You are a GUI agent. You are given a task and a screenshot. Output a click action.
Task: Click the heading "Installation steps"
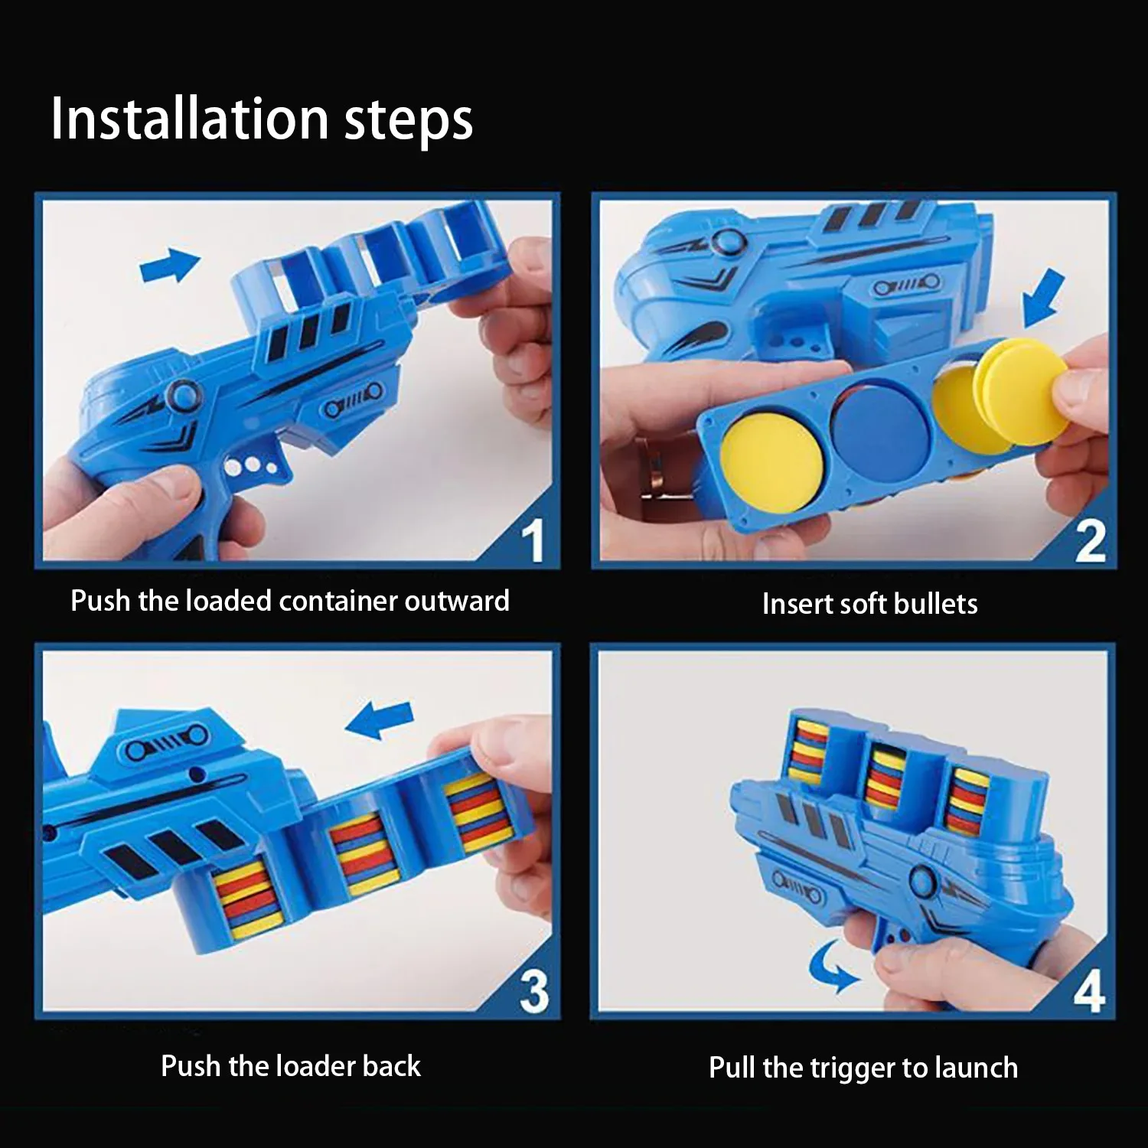click(x=262, y=119)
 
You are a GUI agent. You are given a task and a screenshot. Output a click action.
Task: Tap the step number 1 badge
click(x=533, y=541)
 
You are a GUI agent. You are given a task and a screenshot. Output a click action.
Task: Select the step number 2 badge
click(x=1090, y=541)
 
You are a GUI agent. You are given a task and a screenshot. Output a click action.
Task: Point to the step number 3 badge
click(x=533, y=991)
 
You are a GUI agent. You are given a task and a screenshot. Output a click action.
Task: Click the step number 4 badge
click(x=1088, y=992)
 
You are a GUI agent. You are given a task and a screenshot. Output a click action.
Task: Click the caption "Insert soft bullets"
click(x=869, y=604)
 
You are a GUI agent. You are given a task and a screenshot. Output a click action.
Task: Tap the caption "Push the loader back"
click(x=291, y=1066)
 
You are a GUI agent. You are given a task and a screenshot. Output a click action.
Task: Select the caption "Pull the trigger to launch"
click(x=863, y=1068)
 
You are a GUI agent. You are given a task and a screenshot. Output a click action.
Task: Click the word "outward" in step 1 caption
click(x=457, y=601)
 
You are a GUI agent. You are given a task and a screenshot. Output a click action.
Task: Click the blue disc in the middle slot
click(x=880, y=425)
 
